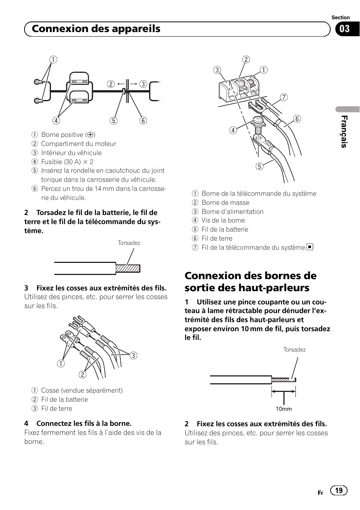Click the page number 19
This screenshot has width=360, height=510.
coord(339,490)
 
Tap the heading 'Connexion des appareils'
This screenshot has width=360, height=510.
coord(96,29)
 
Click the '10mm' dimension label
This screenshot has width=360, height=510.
coord(283,409)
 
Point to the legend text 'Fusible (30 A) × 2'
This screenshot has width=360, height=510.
coord(67,162)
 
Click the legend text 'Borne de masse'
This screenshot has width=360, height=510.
coord(225,203)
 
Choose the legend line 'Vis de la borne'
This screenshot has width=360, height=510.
coord(223,220)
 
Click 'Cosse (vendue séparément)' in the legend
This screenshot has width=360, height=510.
coord(82,390)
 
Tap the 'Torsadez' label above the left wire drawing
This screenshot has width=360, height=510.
coord(129,243)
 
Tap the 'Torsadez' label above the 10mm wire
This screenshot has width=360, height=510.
coord(294,350)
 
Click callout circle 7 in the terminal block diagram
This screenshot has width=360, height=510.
coord(284,97)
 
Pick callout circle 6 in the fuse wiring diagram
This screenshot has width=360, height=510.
coord(143,121)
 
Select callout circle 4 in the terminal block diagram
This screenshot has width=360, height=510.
coord(233,131)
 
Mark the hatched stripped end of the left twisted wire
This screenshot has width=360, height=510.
coord(128,269)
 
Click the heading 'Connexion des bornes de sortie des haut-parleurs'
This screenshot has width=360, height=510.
coord(251,281)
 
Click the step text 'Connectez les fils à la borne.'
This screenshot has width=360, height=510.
coord(84,423)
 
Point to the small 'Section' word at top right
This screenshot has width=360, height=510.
coord(340,18)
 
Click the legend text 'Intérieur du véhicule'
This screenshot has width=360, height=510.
coord(71,153)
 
